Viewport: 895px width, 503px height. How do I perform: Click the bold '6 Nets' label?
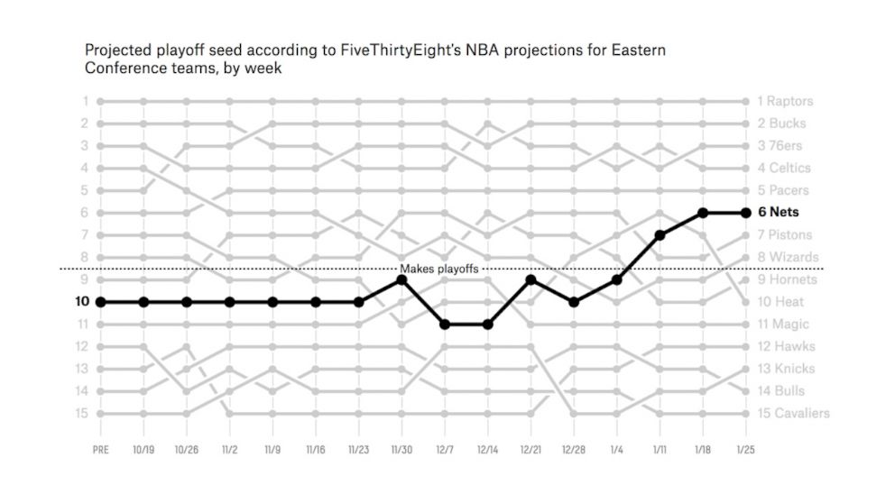(x=778, y=213)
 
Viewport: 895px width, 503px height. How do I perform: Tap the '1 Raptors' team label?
(x=785, y=101)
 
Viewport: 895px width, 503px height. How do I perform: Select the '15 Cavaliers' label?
(x=793, y=414)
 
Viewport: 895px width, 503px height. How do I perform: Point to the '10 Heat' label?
(x=782, y=302)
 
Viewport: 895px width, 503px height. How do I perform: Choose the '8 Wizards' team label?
(x=788, y=258)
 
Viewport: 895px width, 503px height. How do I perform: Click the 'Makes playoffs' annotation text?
(x=439, y=269)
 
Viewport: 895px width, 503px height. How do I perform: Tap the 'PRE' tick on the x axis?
(x=100, y=448)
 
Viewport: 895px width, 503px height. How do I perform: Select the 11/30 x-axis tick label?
(x=401, y=448)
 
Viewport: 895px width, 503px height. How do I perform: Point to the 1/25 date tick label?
(x=746, y=448)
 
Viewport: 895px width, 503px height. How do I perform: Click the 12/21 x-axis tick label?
(x=531, y=448)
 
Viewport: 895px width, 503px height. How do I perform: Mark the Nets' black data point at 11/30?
(x=401, y=279)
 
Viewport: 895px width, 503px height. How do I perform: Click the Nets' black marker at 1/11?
(x=660, y=235)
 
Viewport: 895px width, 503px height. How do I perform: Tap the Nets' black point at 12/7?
(x=445, y=325)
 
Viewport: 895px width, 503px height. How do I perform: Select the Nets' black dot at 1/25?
(x=746, y=213)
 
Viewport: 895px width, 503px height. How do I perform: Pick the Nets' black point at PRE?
(x=100, y=302)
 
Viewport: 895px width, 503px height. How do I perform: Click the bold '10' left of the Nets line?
(x=80, y=302)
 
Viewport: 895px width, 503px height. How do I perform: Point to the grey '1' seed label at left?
(x=85, y=101)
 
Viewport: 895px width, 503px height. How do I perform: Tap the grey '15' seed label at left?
(x=81, y=414)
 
